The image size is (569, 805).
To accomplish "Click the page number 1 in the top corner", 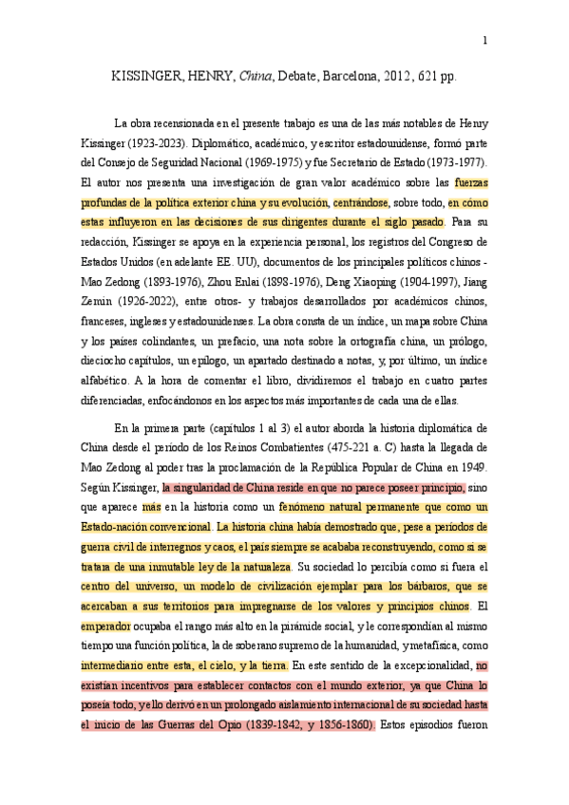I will (485, 40).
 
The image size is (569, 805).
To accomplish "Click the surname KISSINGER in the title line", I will (149, 78).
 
